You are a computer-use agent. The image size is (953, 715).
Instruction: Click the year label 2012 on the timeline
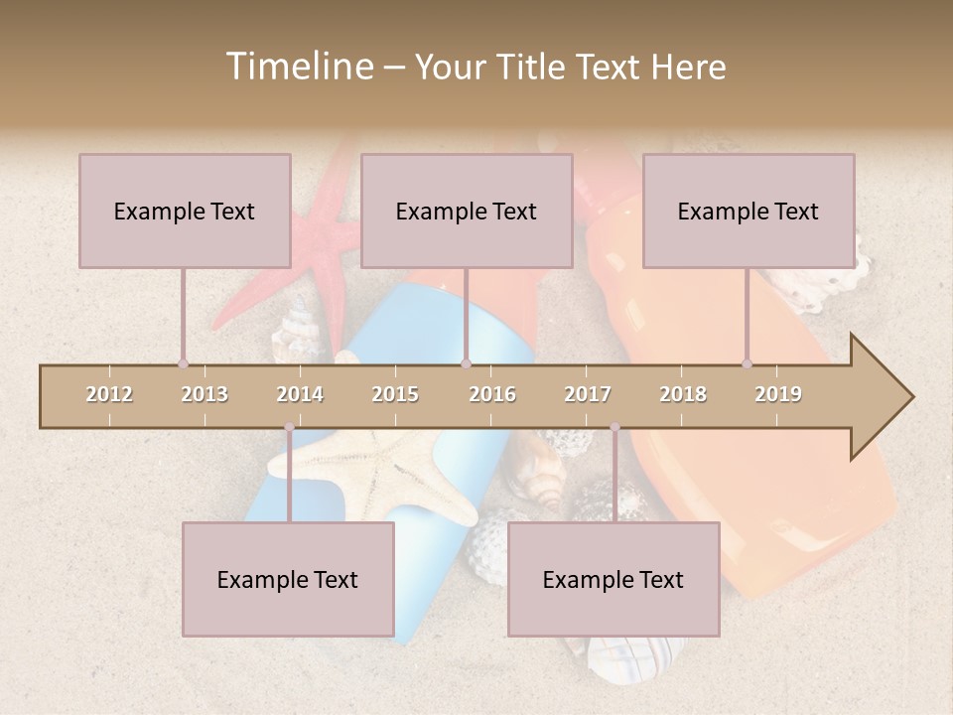(109, 394)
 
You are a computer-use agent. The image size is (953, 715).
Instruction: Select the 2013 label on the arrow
(204, 394)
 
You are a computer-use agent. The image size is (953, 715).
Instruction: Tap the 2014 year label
(300, 394)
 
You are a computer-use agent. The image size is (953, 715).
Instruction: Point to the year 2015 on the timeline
(395, 394)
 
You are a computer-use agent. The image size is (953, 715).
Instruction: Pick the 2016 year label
(492, 394)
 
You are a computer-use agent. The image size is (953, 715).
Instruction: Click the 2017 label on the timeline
(588, 394)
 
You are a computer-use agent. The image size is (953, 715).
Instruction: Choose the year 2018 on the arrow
(683, 394)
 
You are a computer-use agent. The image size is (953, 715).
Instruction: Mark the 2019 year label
(778, 394)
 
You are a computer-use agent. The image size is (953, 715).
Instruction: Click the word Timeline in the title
(297, 67)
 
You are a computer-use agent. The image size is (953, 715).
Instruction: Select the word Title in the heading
(537, 67)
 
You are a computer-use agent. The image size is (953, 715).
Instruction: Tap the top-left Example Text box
(185, 211)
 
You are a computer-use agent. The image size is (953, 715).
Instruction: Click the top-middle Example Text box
(467, 211)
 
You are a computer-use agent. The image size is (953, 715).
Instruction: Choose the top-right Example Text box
(749, 211)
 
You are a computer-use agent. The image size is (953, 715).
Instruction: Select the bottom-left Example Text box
(288, 579)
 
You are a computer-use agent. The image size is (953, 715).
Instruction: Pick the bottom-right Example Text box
(613, 579)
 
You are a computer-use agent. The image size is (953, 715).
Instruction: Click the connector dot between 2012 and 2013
(183, 363)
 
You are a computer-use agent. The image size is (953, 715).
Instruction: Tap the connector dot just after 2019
(747, 363)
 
